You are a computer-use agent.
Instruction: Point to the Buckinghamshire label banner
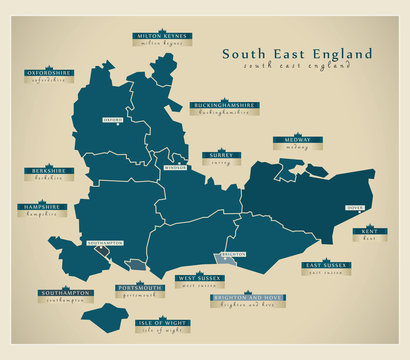221,106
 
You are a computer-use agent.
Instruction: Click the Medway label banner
297,140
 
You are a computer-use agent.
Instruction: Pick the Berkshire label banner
47,172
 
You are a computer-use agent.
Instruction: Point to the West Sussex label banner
200,279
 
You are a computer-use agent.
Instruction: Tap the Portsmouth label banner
138,289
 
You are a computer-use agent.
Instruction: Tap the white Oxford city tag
113,120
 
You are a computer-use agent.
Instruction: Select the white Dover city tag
354,208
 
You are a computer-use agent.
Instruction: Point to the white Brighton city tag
232,254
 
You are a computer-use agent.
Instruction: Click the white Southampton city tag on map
104,243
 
